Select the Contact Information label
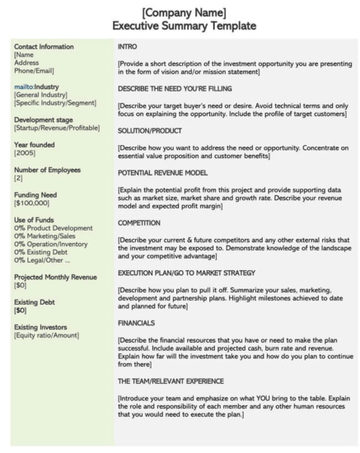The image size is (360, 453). (44, 47)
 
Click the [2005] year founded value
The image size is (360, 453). (25, 152)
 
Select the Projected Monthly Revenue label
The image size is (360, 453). (55, 277)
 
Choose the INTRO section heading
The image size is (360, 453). (128, 47)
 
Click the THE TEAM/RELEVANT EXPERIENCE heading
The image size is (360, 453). (182, 381)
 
